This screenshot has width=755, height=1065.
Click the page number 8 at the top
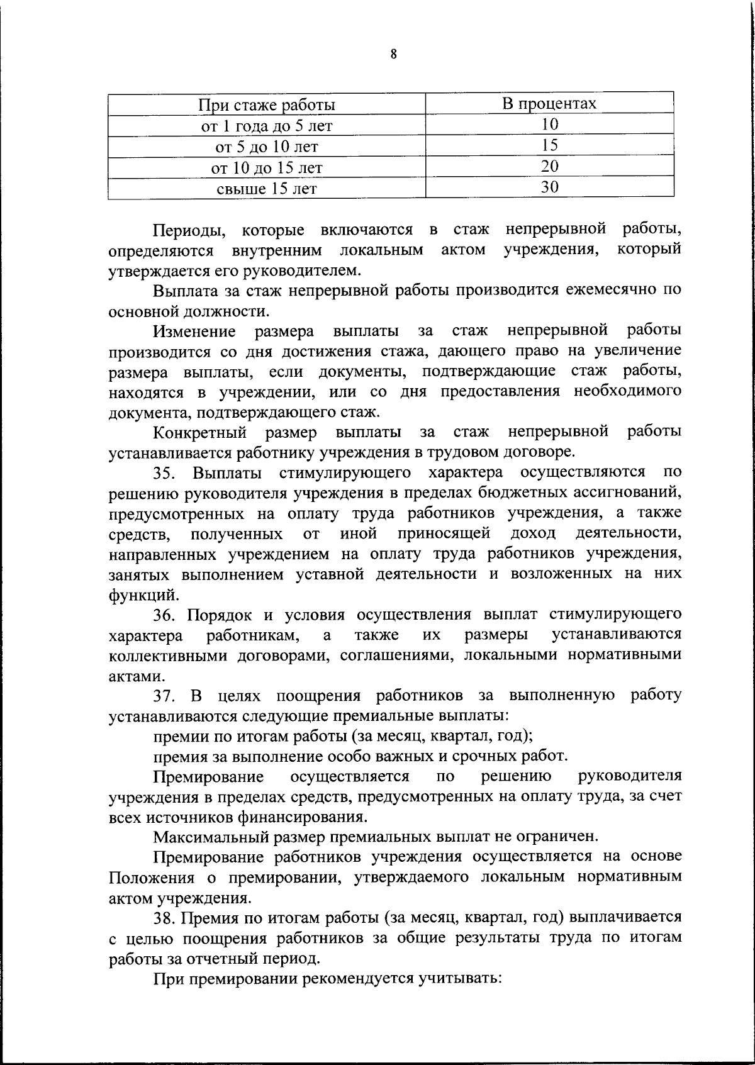tap(393, 55)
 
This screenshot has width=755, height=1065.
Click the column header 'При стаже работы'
tap(267, 104)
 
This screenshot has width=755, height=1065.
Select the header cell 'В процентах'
tap(549, 103)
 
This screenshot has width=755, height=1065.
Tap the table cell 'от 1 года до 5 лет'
tap(267, 126)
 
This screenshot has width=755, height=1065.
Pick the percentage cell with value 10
tap(549, 125)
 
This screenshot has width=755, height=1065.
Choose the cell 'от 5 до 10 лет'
tap(267, 147)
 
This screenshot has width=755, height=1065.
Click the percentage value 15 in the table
tap(549, 145)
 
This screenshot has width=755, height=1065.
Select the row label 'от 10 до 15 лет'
tap(267, 168)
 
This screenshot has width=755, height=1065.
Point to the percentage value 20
tap(549, 166)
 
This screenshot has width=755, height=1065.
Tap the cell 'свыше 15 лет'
tap(267, 189)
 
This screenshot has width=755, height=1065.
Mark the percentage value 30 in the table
tap(549, 187)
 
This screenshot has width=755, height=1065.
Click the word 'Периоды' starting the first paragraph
tap(188, 230)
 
